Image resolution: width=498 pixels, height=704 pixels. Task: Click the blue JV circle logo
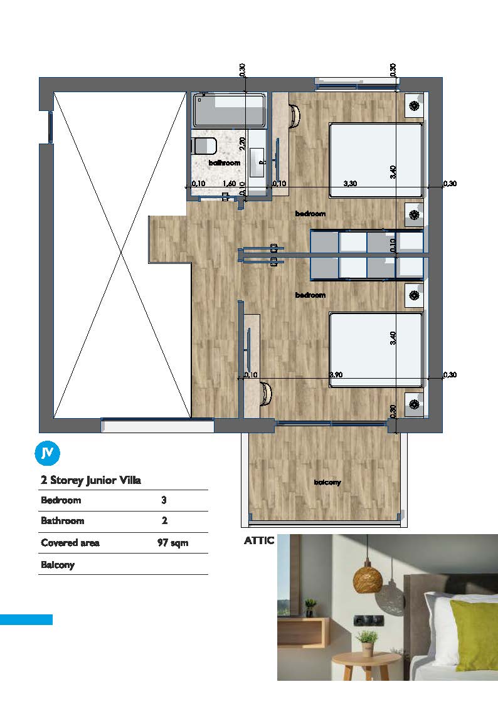point(47,453)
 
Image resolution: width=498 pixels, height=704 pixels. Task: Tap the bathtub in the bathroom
point(229,110)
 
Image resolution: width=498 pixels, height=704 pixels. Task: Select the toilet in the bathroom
point(204,146)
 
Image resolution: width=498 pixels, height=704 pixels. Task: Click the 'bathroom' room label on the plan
point(225,163)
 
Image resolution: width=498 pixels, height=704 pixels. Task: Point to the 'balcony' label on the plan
point(327,482)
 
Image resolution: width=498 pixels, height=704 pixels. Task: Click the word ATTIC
point(259,540)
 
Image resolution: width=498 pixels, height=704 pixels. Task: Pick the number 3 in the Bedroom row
point(164,500)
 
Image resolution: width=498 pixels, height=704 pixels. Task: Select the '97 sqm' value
point(173,543)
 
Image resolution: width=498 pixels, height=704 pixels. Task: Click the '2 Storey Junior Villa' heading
point(91,480)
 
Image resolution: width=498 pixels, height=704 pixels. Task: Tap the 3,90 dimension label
point(336,374)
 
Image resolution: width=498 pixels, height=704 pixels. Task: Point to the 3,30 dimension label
point(350,183)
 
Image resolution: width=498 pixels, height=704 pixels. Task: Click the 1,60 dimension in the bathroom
point(229,183)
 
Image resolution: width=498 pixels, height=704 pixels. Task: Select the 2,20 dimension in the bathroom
point(243,143)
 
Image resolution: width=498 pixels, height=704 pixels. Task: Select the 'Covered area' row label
point(70,543)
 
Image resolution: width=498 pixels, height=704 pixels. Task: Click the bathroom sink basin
point(257,162)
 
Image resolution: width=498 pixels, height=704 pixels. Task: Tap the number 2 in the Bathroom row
point(164,521)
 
